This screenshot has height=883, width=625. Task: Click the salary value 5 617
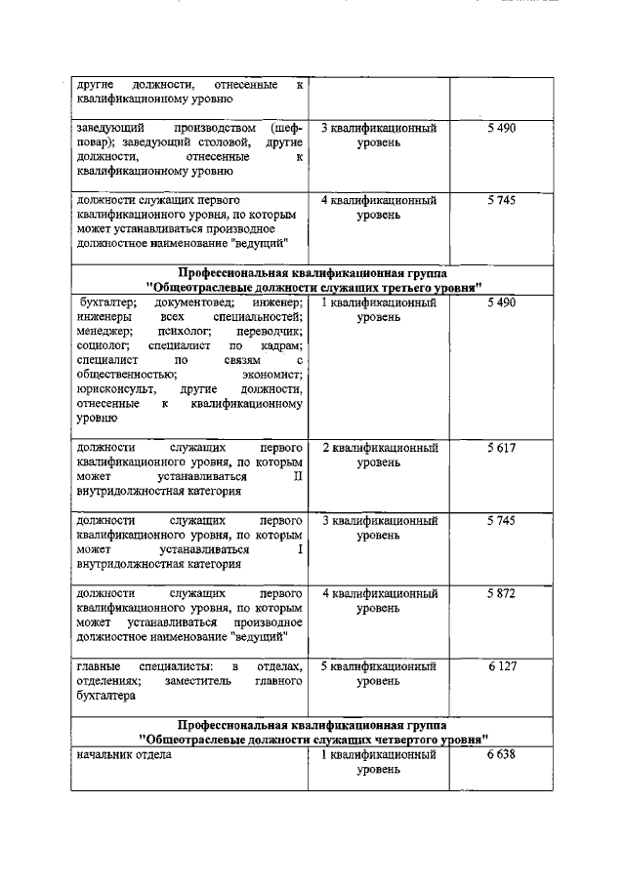500,448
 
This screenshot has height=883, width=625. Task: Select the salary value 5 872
500,593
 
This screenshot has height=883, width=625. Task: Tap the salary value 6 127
500,666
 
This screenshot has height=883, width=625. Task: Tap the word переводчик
270,332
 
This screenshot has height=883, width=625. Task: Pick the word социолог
101,345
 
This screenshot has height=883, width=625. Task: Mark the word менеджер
104,332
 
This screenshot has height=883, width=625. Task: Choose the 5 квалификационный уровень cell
379,674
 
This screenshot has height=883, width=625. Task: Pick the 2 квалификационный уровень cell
379,455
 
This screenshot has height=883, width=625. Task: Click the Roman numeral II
298,476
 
